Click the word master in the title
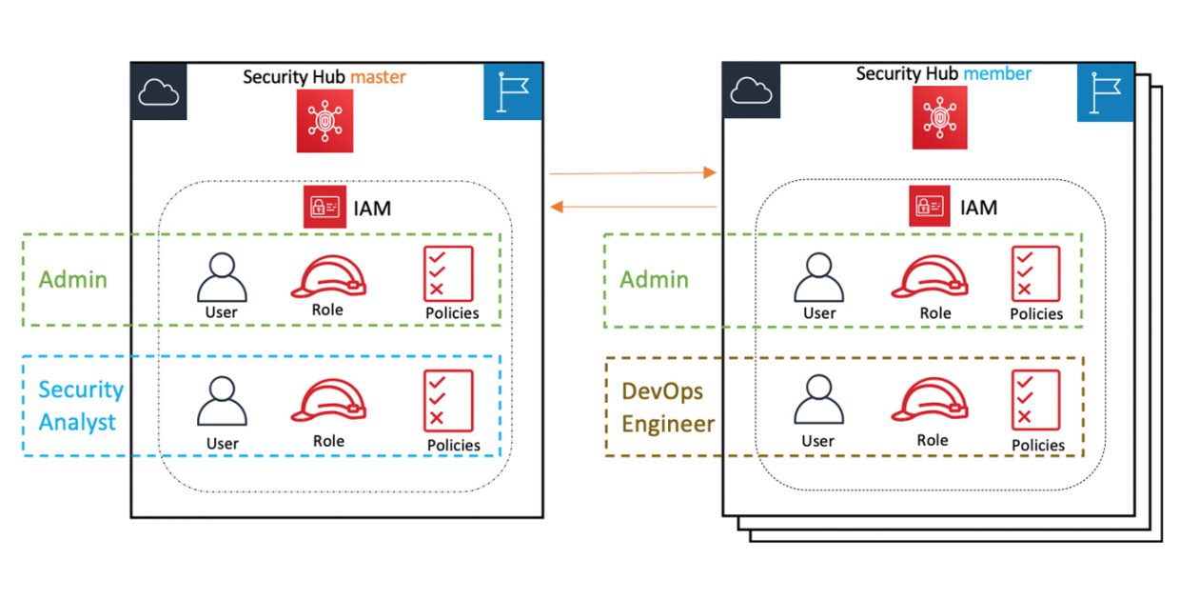click(382, 76)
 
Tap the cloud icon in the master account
click(159, 91)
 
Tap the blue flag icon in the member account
click(1106, 92)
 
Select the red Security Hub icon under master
click(324, 121)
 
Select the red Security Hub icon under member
click(939, 118)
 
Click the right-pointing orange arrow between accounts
click(632, 173)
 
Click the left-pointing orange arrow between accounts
click(634, 206)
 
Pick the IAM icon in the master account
click(324, 207)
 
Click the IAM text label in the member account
click(978, 207)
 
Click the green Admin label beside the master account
click(72, 280)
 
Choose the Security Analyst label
click(81, 406)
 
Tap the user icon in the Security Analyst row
click(222, 401)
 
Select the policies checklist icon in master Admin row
click(448, 274)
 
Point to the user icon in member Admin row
click(818, 277)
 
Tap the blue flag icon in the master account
click(512, 91)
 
